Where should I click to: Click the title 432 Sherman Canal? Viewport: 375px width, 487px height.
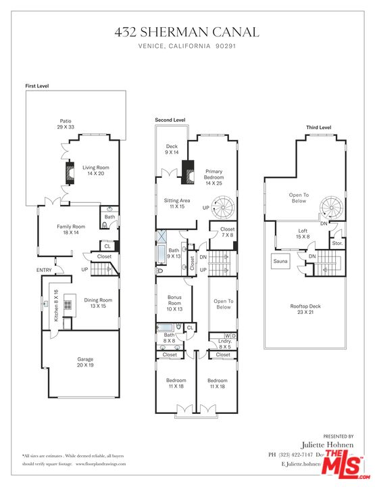tap(187, 32)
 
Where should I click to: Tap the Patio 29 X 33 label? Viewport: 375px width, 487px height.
tap(65, 124)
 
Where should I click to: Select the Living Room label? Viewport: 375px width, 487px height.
tap(95, 170)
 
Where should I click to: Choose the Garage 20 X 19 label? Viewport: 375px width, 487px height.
tap(85, 363)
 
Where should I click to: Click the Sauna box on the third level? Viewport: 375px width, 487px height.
tap(282, 260)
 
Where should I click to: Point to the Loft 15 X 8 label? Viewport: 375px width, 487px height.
tap(303, 234)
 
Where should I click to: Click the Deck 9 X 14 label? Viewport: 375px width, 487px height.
tap(172, 149)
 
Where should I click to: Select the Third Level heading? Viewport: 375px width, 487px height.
tap(318, 127)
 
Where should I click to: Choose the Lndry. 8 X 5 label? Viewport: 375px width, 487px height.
tap(222, 344)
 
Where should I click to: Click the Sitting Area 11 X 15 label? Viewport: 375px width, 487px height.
tap(177, 204)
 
